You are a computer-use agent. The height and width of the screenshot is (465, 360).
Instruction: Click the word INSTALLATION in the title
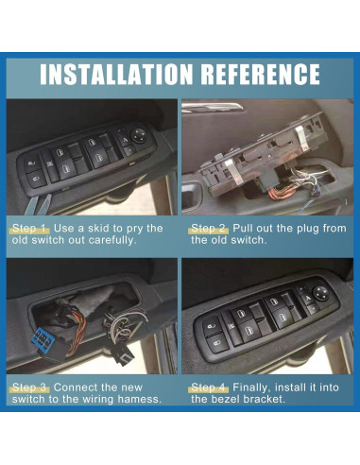click(x=116, y=74)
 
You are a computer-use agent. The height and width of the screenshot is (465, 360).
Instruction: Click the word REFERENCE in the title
click(x=260, y=74)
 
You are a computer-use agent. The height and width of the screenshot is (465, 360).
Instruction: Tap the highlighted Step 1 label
click(x=30, y=229)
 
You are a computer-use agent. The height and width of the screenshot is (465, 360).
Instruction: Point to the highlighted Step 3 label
click(x=30, y=387)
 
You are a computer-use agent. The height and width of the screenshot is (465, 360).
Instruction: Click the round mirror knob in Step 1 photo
click(x=139, y=136)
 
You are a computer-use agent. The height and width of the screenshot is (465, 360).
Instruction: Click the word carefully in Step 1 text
click(x=112, y=240)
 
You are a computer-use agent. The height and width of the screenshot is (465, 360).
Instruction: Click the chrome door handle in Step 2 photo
click(x=212, y=107)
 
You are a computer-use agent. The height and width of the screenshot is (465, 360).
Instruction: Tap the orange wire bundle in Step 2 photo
click(x=280, y=191)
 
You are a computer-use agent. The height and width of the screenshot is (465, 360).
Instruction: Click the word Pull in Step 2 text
click(x=243, y=229)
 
